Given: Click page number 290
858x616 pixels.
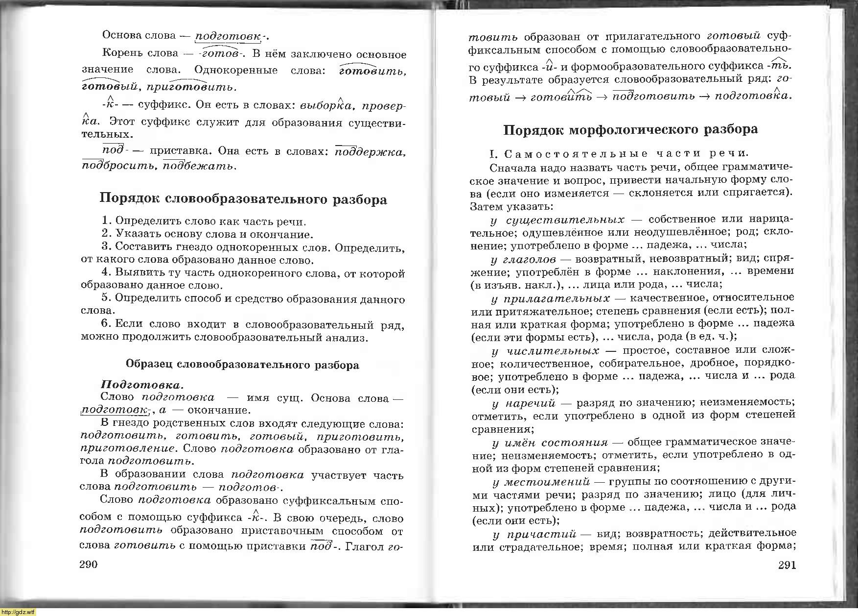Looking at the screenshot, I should pos(89,565).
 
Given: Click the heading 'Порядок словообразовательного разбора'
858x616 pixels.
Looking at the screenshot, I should pos(243,199).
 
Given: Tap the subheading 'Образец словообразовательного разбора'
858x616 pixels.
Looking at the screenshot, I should pos(242,365).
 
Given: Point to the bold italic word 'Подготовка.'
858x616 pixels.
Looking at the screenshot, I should pos(142,385).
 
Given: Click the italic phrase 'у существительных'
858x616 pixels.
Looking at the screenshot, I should pos(557,220).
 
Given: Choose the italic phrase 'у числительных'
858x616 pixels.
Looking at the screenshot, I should pos(545,351).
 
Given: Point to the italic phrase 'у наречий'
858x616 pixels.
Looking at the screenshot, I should pos(524,403).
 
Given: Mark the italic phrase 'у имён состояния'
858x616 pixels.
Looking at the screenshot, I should pos(550,443).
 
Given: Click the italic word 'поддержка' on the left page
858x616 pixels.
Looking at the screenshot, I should pos(371,152).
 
